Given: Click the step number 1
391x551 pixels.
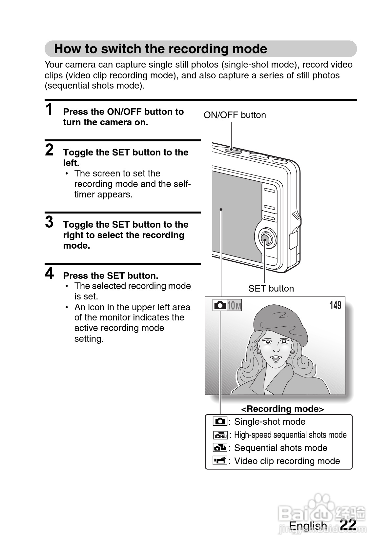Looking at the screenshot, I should [49, 109].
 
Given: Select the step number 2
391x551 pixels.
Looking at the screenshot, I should [49, 150].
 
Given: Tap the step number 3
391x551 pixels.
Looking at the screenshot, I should [49, 222].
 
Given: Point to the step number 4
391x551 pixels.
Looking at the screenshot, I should [49, 273].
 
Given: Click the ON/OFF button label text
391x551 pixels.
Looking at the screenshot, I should [235, 115].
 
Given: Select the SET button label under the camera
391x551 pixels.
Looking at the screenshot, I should [271, 289].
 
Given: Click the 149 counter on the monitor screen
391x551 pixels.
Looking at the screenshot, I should [335, 305].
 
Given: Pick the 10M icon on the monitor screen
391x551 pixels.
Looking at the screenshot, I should [234, 306].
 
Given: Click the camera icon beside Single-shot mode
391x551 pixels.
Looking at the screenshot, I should [220, 421].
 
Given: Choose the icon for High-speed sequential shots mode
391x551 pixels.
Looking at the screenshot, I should [220, 435].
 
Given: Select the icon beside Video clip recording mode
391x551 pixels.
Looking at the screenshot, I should [220, 461].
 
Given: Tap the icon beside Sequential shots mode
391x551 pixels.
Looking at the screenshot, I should [220, 448].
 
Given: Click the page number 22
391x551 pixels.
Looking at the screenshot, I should [348, 524].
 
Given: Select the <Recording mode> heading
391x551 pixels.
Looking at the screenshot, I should [282, 409].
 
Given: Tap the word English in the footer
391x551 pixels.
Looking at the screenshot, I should [308, 525].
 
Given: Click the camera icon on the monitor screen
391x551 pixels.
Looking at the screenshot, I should [219, 305].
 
